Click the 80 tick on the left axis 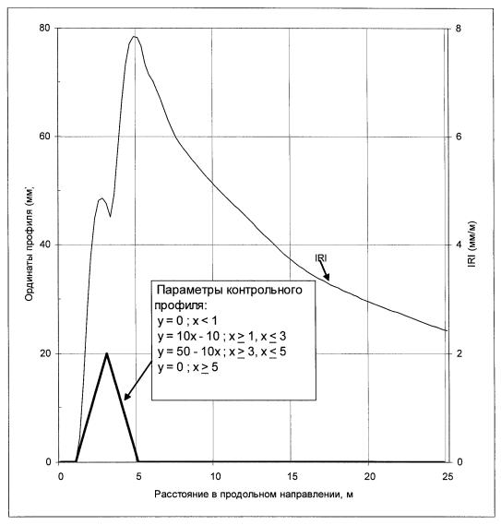[x=44, y=28]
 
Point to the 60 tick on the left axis [x=44, y=137]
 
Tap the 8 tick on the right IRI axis [x=459, y=29]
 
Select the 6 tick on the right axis [x=459, y=137]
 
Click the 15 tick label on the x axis [x=292, y=476]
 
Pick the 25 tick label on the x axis [x=447, y=476]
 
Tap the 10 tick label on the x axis [x=215, y=476]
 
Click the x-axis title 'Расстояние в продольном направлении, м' [x=254, y=495]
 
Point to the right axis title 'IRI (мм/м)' [x=472, y=245]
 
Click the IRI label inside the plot [x=321, y=258]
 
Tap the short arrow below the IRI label [x=324, y=271]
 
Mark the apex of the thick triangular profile [x=106, y=353]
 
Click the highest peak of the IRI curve [x=135, y=36]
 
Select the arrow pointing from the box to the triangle [x=137, y=381]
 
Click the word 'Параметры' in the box [x=189, y=290]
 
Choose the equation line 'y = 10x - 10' [x=189, y=336]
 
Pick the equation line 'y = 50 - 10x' [x=189, y=352]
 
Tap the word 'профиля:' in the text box [x=181, y=305]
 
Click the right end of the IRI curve [x=447, y=331]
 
